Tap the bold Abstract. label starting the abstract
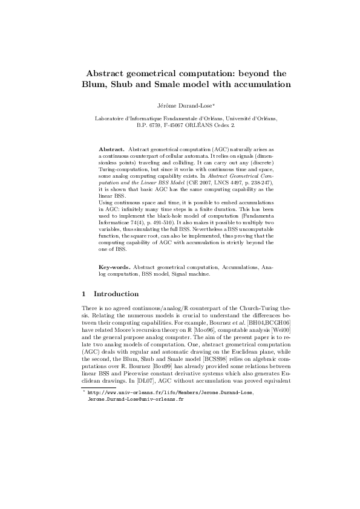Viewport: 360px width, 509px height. point(112,148)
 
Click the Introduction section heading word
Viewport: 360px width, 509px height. point(116,294)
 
